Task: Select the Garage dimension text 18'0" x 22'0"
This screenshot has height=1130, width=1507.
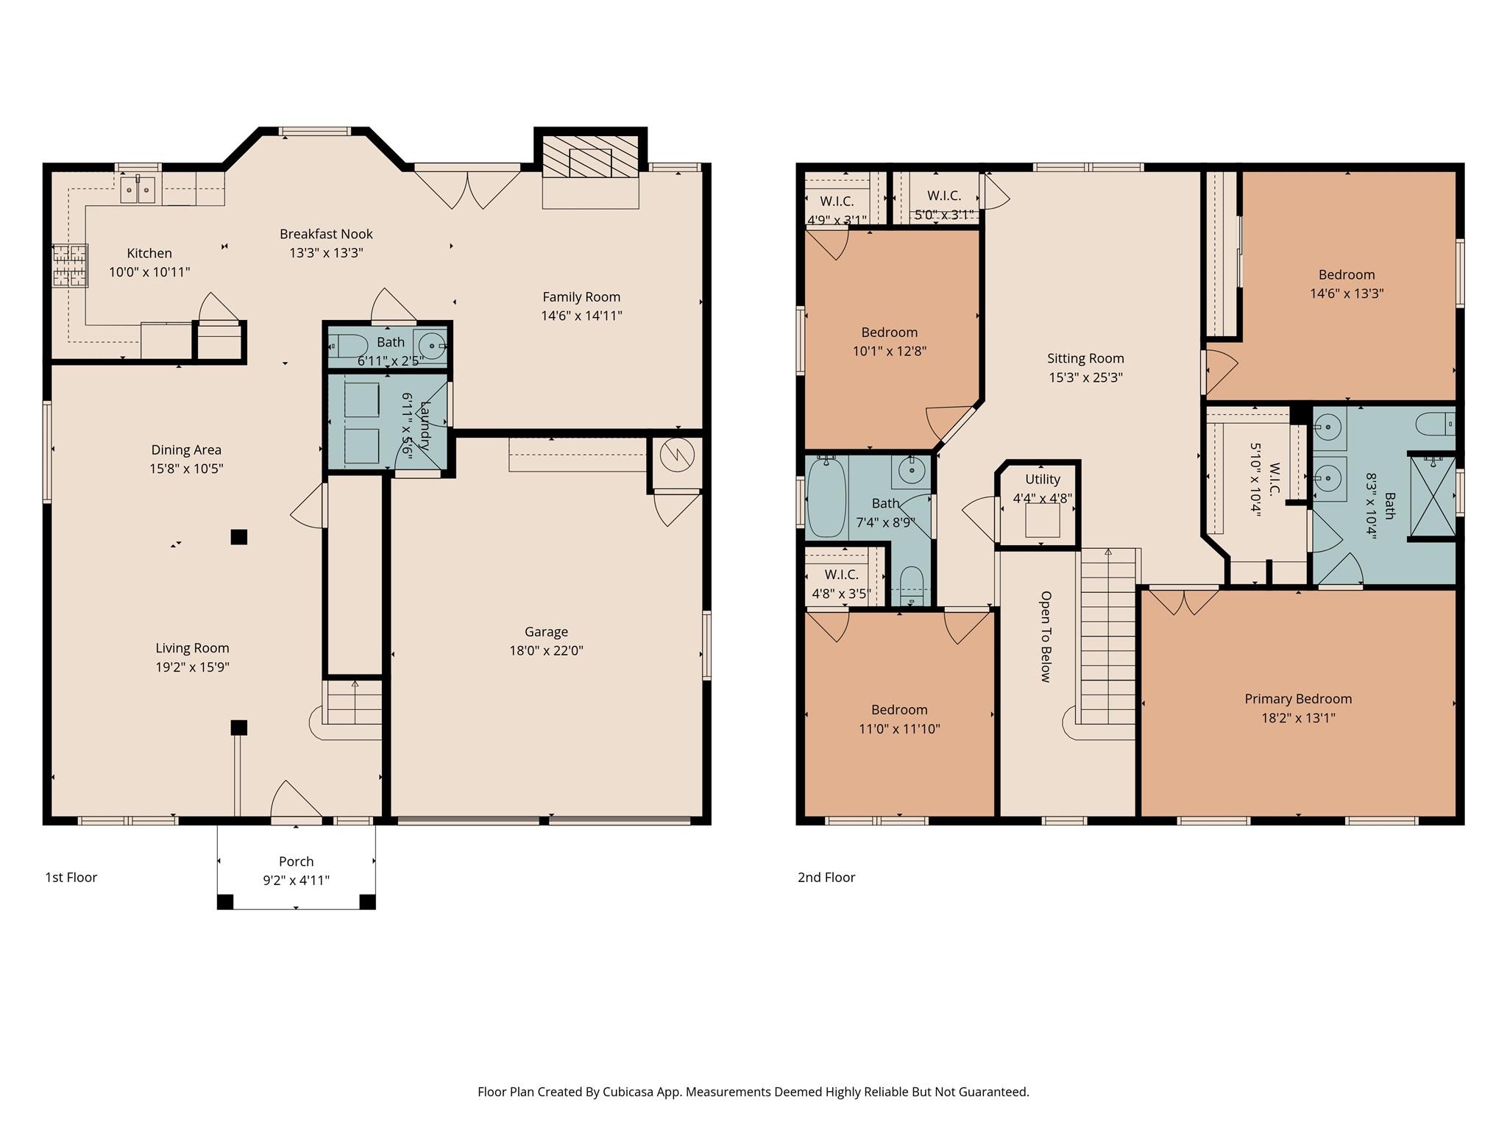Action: (x=546, y=650)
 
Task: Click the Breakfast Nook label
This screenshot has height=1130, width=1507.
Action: (x=326, y=234)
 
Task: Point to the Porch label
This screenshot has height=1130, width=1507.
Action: (x=296, y=861)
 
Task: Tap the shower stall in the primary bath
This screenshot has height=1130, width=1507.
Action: (x=1432, y=497)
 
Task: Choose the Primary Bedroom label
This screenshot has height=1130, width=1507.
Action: (x=1298, y=699)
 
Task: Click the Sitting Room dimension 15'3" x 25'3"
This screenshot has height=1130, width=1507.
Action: (x=1085, y=377)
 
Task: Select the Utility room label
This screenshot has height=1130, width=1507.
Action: (x=1043, y=480)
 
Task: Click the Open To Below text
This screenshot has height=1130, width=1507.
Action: (x=1046, y=636)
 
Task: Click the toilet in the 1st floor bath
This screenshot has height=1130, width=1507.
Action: (x=348, y=344)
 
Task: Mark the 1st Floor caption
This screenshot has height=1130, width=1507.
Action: (x=71, y=877)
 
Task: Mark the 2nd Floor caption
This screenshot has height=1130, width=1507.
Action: (x=826, y=877)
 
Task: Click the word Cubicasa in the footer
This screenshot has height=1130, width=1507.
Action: (x=630, y=1092)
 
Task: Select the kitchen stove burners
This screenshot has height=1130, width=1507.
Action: (x=70, y=265)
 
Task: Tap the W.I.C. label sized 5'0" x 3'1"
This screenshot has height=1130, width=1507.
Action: (x=943, y=196)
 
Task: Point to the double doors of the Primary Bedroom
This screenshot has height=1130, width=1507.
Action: (x=1183, y=600)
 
